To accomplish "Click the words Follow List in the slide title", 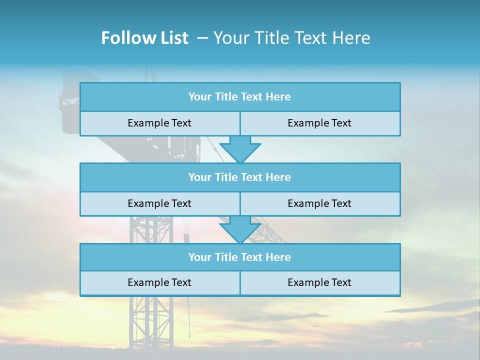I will pos(144,38).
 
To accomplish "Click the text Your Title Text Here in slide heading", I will pos(291,38).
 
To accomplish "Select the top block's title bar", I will pos(240,97).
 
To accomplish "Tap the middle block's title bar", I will pos(240,177).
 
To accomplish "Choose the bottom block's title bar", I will pos(240,257).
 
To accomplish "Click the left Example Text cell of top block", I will pos(159,123).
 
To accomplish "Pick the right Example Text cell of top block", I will pos(319,123).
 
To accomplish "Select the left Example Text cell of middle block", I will pos(159,203).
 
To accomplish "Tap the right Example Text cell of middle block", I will pos(319,203).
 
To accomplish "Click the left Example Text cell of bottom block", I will pos(159,282).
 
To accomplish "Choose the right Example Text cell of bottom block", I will pos(319,282).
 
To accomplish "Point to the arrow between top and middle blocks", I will pos(240,149).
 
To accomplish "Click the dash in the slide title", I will pos(202,38).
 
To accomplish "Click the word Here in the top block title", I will pos(278,97).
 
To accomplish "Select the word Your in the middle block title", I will pos(199,177).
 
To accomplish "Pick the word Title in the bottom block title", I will pos(226,257).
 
